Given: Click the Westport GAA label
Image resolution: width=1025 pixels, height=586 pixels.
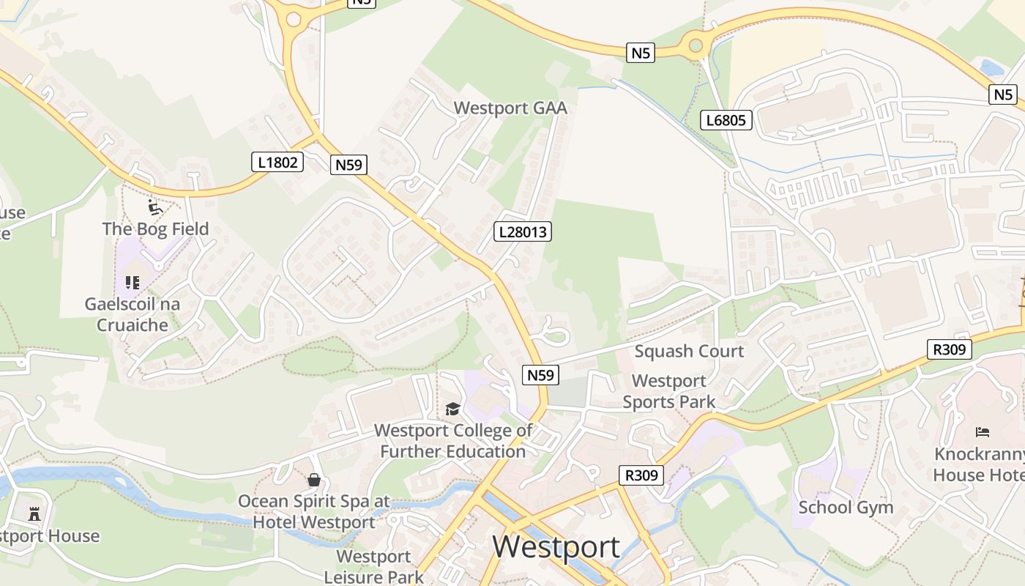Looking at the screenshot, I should [x=510, y=108].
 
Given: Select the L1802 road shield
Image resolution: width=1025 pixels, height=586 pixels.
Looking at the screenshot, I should [x=278, y=162].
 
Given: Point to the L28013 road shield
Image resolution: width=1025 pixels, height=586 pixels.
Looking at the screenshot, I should [x=522, y=232].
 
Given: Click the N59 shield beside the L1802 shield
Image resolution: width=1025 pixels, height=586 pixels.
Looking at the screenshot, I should [x=348, y=165].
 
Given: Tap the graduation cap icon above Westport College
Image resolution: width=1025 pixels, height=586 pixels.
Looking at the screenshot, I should [x=452, y=409].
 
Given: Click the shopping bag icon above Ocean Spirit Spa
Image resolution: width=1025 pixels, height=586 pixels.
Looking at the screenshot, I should [x=314, y=480].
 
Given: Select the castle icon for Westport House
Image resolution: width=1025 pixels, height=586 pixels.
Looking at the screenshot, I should [x=34, y=513].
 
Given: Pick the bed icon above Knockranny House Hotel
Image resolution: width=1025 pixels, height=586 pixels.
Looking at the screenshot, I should [x=983, y=432].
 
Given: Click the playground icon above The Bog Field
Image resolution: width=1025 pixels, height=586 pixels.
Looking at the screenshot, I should [x=155, y=207].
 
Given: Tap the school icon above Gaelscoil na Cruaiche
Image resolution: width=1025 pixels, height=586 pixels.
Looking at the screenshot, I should [x=132, y=283].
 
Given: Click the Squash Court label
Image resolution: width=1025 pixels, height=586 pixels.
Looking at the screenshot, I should [x=689, y=351].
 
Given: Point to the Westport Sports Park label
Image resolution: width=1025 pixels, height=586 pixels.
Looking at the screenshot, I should [x=669, y=391].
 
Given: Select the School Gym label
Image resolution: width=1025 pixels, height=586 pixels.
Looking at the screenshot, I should [x=846, y=507].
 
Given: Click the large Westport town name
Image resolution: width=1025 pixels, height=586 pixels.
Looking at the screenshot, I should [x=556, y=546].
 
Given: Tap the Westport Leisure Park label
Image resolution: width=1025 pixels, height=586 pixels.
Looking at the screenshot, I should [x=374, y=566].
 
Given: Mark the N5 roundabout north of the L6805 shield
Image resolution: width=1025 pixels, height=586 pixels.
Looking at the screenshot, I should [x=696, y=46].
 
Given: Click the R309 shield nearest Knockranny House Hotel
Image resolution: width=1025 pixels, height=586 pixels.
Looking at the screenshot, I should [x=949, y=349].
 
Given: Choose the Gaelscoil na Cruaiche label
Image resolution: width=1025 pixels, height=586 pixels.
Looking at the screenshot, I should [x=132, y=314].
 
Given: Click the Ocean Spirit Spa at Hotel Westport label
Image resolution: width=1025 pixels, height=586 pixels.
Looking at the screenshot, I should [x=314, y=512].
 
